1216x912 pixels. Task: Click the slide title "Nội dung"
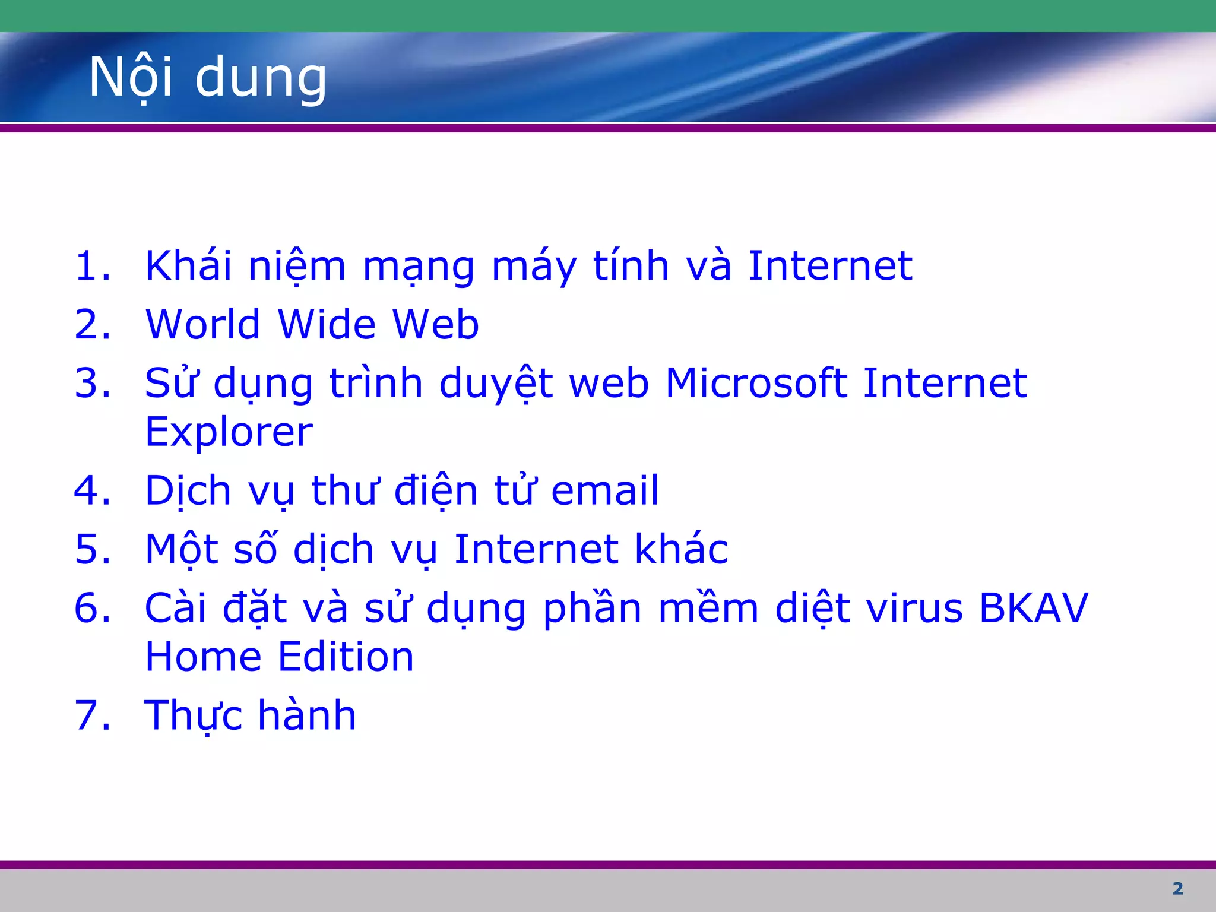(208, 77)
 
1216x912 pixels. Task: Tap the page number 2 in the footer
(1178, 889)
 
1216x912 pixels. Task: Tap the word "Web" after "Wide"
(436, 324)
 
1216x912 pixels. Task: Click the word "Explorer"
(229, 432)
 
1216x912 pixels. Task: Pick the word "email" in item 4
(605, 490)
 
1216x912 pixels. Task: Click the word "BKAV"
(1033, 608)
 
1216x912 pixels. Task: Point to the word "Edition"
(346, 657)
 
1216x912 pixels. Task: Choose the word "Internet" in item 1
(829, 265)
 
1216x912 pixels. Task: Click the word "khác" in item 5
(681, 549)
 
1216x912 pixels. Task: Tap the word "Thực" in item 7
(193, 715)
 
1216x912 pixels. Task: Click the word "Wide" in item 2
(327, 324)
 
